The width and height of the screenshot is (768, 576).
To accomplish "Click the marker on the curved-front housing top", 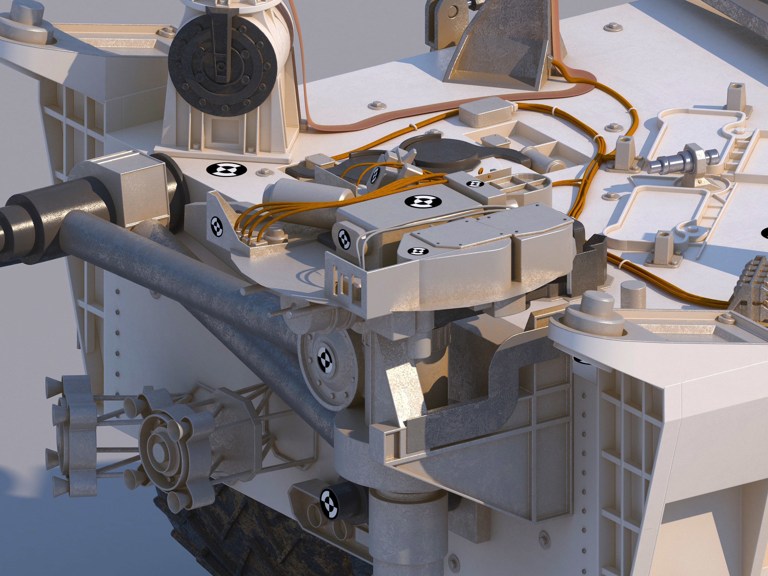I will (418, 251).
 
